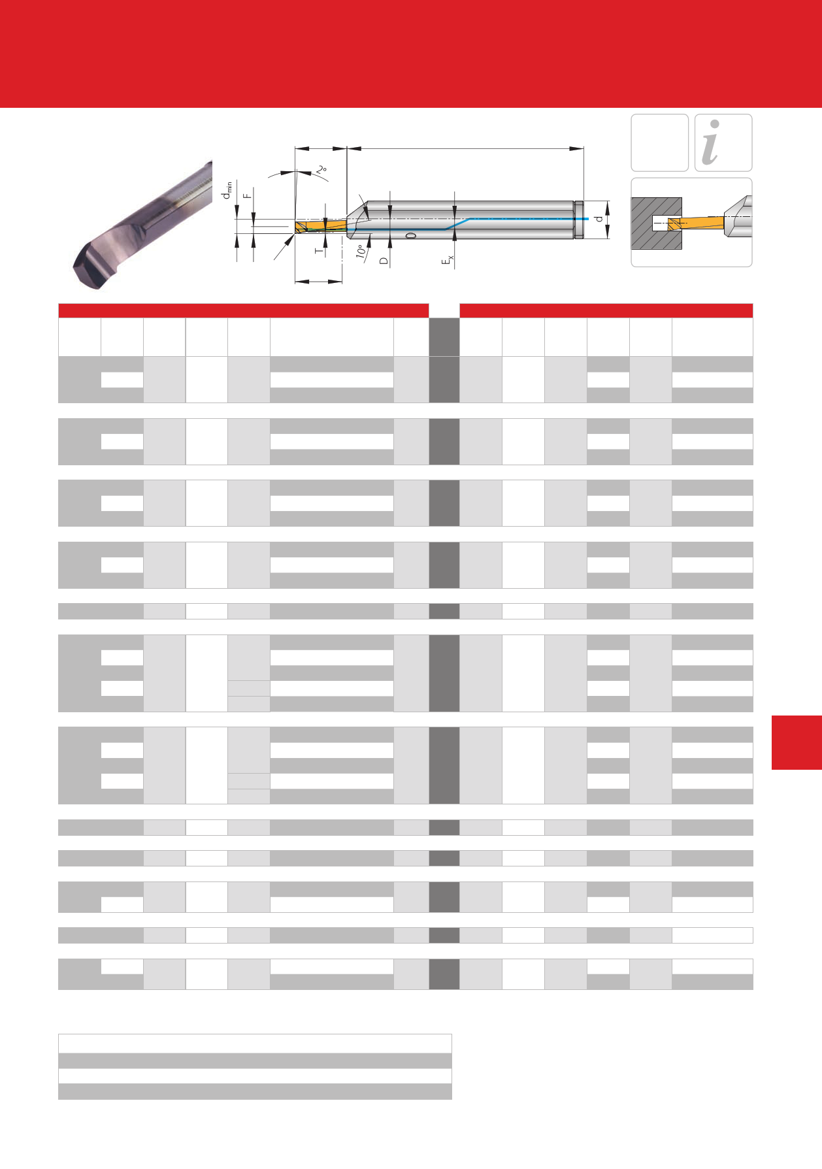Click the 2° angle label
click(x=321, y=169)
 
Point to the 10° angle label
click(x=360, y=252)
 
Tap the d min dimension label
click(x=227, y=191)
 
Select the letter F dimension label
click(x=247, y=195)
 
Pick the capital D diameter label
click(x=384, y=261)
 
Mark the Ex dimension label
click(x=448, y=261)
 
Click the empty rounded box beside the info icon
click(x=659, y=142)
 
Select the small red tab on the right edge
click(x=797, y=742)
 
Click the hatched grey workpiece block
click(x=656, y=223)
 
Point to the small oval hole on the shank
click(x=410, y=235)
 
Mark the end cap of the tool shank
click(x=578, y=220)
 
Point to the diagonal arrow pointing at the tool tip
click(x=284, y=248)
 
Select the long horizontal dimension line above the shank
click(x=465, y=148)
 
